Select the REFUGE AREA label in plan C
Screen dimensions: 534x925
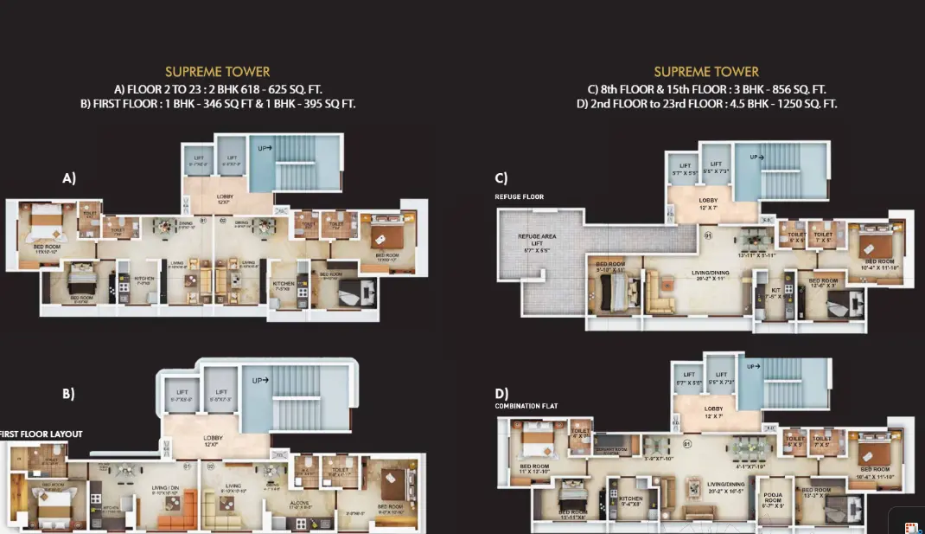pos(537,240)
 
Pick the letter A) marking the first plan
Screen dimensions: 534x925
pos(69,178)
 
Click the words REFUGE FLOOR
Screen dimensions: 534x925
pos(519,196)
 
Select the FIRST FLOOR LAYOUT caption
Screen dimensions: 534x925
pos(41,434)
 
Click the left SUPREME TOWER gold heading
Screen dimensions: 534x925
pos(218,72)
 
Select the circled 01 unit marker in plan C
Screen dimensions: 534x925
pos(707,235)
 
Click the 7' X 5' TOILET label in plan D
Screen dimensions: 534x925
pos(821,441)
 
